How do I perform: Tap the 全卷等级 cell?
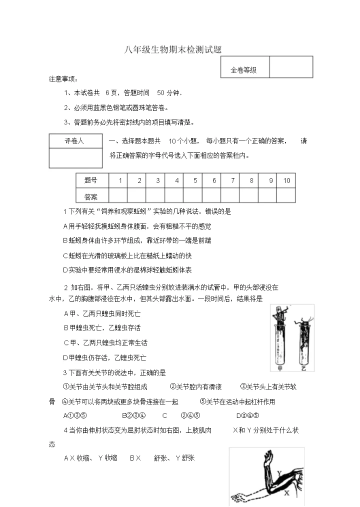point(243,70)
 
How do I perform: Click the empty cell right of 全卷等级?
point(290,67)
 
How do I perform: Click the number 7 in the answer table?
point(232,180)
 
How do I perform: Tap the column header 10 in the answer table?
point(286,180)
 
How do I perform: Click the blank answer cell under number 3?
point(158,195)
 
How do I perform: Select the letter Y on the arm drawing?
point(279,471)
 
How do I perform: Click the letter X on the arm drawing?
point(286,492)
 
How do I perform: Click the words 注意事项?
point(62,79)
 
